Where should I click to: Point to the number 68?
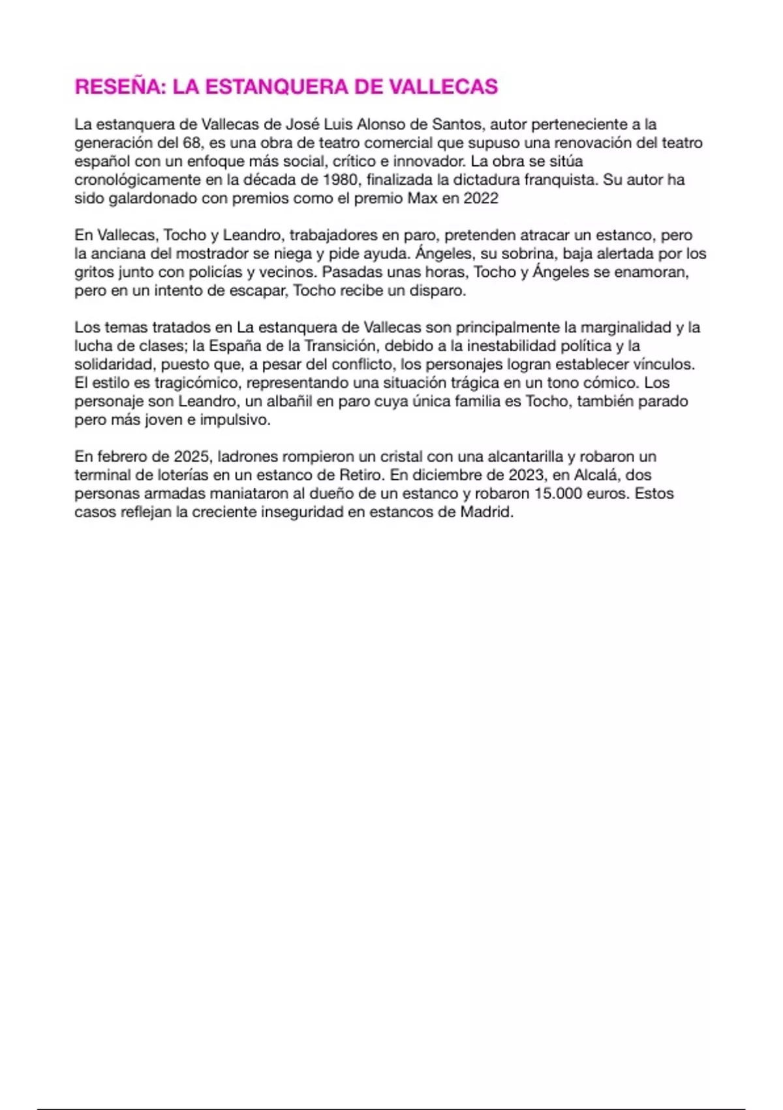click(x=191, y=142)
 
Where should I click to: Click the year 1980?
click(x=340, y=180)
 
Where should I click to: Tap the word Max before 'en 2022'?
click(x=422, y=198)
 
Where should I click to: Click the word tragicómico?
click(x=196, y=383)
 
